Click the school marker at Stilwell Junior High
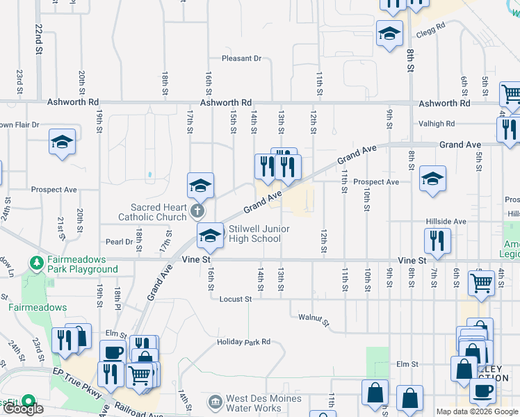pyautogui.click(x=210, y=235)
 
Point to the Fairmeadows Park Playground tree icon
pyautogui.click(x=35, y=263)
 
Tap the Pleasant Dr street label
pyautogui.click(x=241, y=58)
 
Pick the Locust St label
pyautogui.click(x=234, y=299)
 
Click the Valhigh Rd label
pyautogui.click(x=437, y=124)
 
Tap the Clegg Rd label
pyautogui.click(x=430, y=33)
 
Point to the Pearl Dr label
pyautogui.click(x=119, y=242)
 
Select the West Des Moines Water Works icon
pyautogui.click(x=215, y=402)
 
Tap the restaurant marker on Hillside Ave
pyautogui.click(x=438, y=240)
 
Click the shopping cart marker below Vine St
pyautogui.click(x=481, y=282)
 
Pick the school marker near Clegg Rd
pyautogui.click(x=389, y=33)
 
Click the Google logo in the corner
pyautogui.click(x=22, y=409)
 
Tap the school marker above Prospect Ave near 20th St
pyautogui.click(x=63, y=142)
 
